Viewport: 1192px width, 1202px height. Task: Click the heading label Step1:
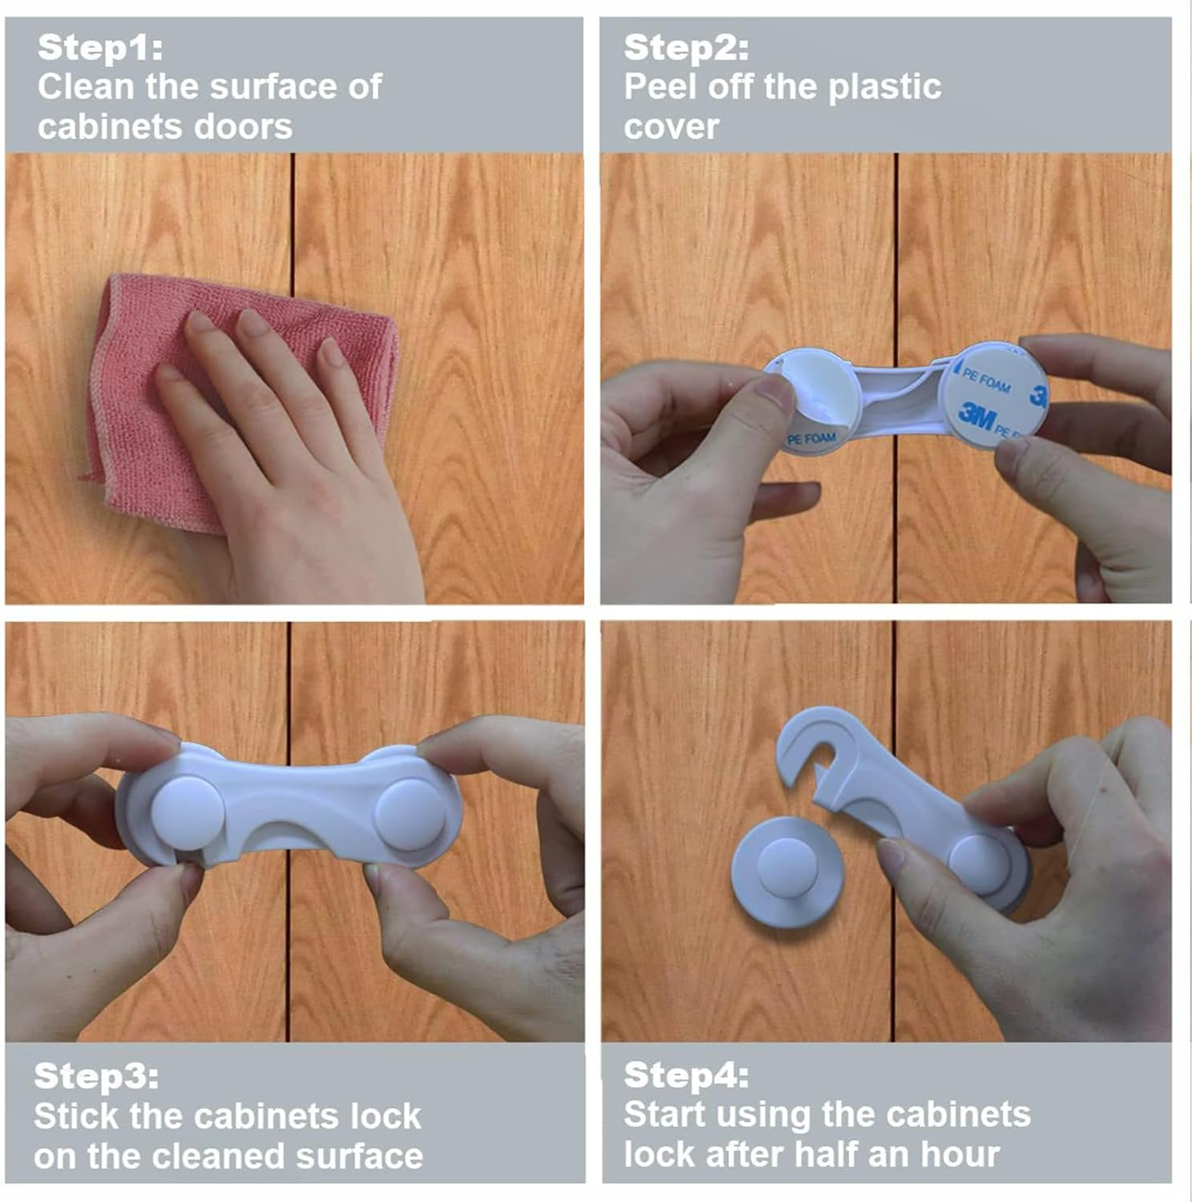pyautogui.click(x=100, y=47)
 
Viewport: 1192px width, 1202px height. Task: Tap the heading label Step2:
pyautogui.click(x=686, y=47)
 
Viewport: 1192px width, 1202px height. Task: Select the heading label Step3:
pyautogui.click(x=96, y=1075)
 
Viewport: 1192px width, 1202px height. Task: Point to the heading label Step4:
pyautogui.click(x=686, y=1075)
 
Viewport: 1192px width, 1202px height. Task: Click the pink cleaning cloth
pyautogui.click(x=240, y=401)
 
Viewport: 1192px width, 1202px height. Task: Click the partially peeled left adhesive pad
pyautogui.click(x=810, y=401)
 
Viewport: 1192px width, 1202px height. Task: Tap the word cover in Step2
pyautogui.click(x=671, y=127)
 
